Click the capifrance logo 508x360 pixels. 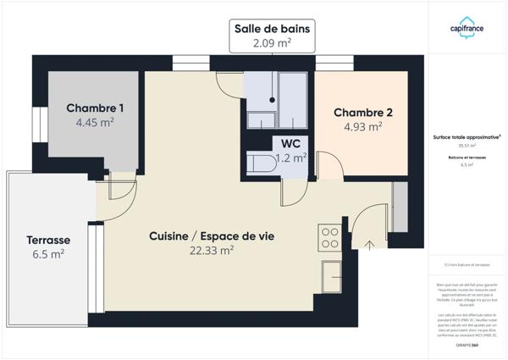point(467,27)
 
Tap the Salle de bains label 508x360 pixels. point(273,29)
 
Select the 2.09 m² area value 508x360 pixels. point(273,42)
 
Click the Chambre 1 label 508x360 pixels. point(95,108)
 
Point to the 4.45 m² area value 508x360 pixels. point(95,122)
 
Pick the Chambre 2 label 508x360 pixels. point(362,113)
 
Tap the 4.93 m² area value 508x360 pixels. point(362,127)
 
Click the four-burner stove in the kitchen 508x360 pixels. point(329,236)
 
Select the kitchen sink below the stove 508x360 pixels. point(331,277)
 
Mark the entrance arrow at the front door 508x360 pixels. point(369,246)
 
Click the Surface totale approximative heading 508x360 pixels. point(467,136)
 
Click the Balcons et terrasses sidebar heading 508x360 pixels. point(467,158)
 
